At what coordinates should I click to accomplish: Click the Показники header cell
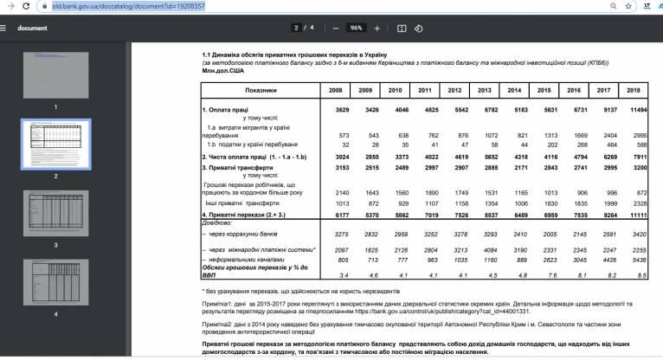[260, 90]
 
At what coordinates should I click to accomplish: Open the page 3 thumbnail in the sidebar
[55, 212]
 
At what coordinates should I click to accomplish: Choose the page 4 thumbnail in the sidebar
[55, 280]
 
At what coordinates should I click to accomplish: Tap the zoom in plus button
[377, 28]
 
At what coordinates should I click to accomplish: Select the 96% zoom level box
[356, 28]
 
